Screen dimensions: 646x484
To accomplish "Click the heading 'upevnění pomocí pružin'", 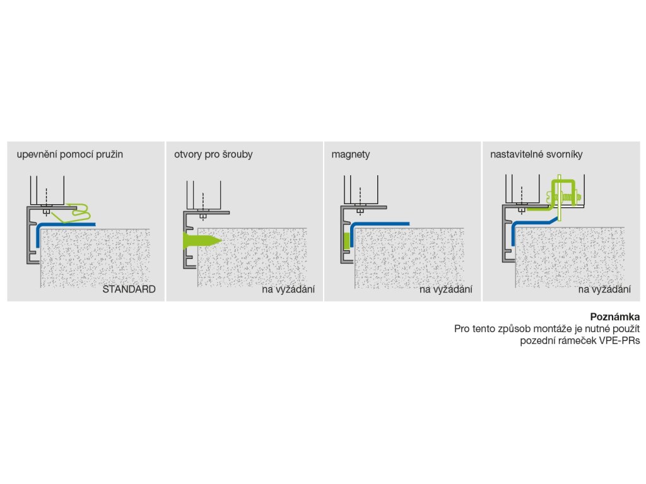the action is [x=69, y=154].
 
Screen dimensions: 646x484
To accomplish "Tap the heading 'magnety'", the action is [x=351, y=154].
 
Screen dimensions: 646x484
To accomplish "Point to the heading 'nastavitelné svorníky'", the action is [x=536, y=154].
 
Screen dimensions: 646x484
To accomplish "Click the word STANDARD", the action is [x=129, y=290].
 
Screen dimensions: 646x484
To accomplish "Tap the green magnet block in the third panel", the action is [x=346, y=241].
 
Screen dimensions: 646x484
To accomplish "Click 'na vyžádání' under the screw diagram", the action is [x=288, y=290].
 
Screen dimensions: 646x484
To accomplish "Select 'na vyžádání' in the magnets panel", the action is [x=446, y=290].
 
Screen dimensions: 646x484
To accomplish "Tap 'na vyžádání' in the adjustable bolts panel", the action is [x=604, y=290].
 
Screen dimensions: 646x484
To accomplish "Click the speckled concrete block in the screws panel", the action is [x=252, y=258].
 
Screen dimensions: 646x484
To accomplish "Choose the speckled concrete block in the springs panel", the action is [x=95, y=258].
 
